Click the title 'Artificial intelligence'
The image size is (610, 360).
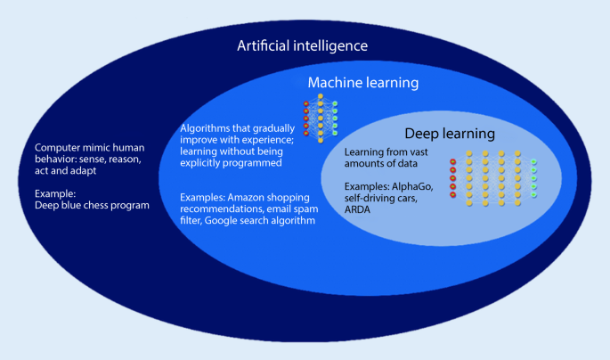[302, 45]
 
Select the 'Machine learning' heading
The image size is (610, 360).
[362, 83]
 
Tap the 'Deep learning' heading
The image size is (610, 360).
[449, 134]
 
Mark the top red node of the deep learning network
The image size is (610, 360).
[453, 161]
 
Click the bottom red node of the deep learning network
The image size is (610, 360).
[453, 194]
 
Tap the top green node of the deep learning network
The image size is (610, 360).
[533, 161]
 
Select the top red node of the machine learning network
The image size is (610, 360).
[306, 104]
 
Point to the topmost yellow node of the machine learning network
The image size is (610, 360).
[321, 94]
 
